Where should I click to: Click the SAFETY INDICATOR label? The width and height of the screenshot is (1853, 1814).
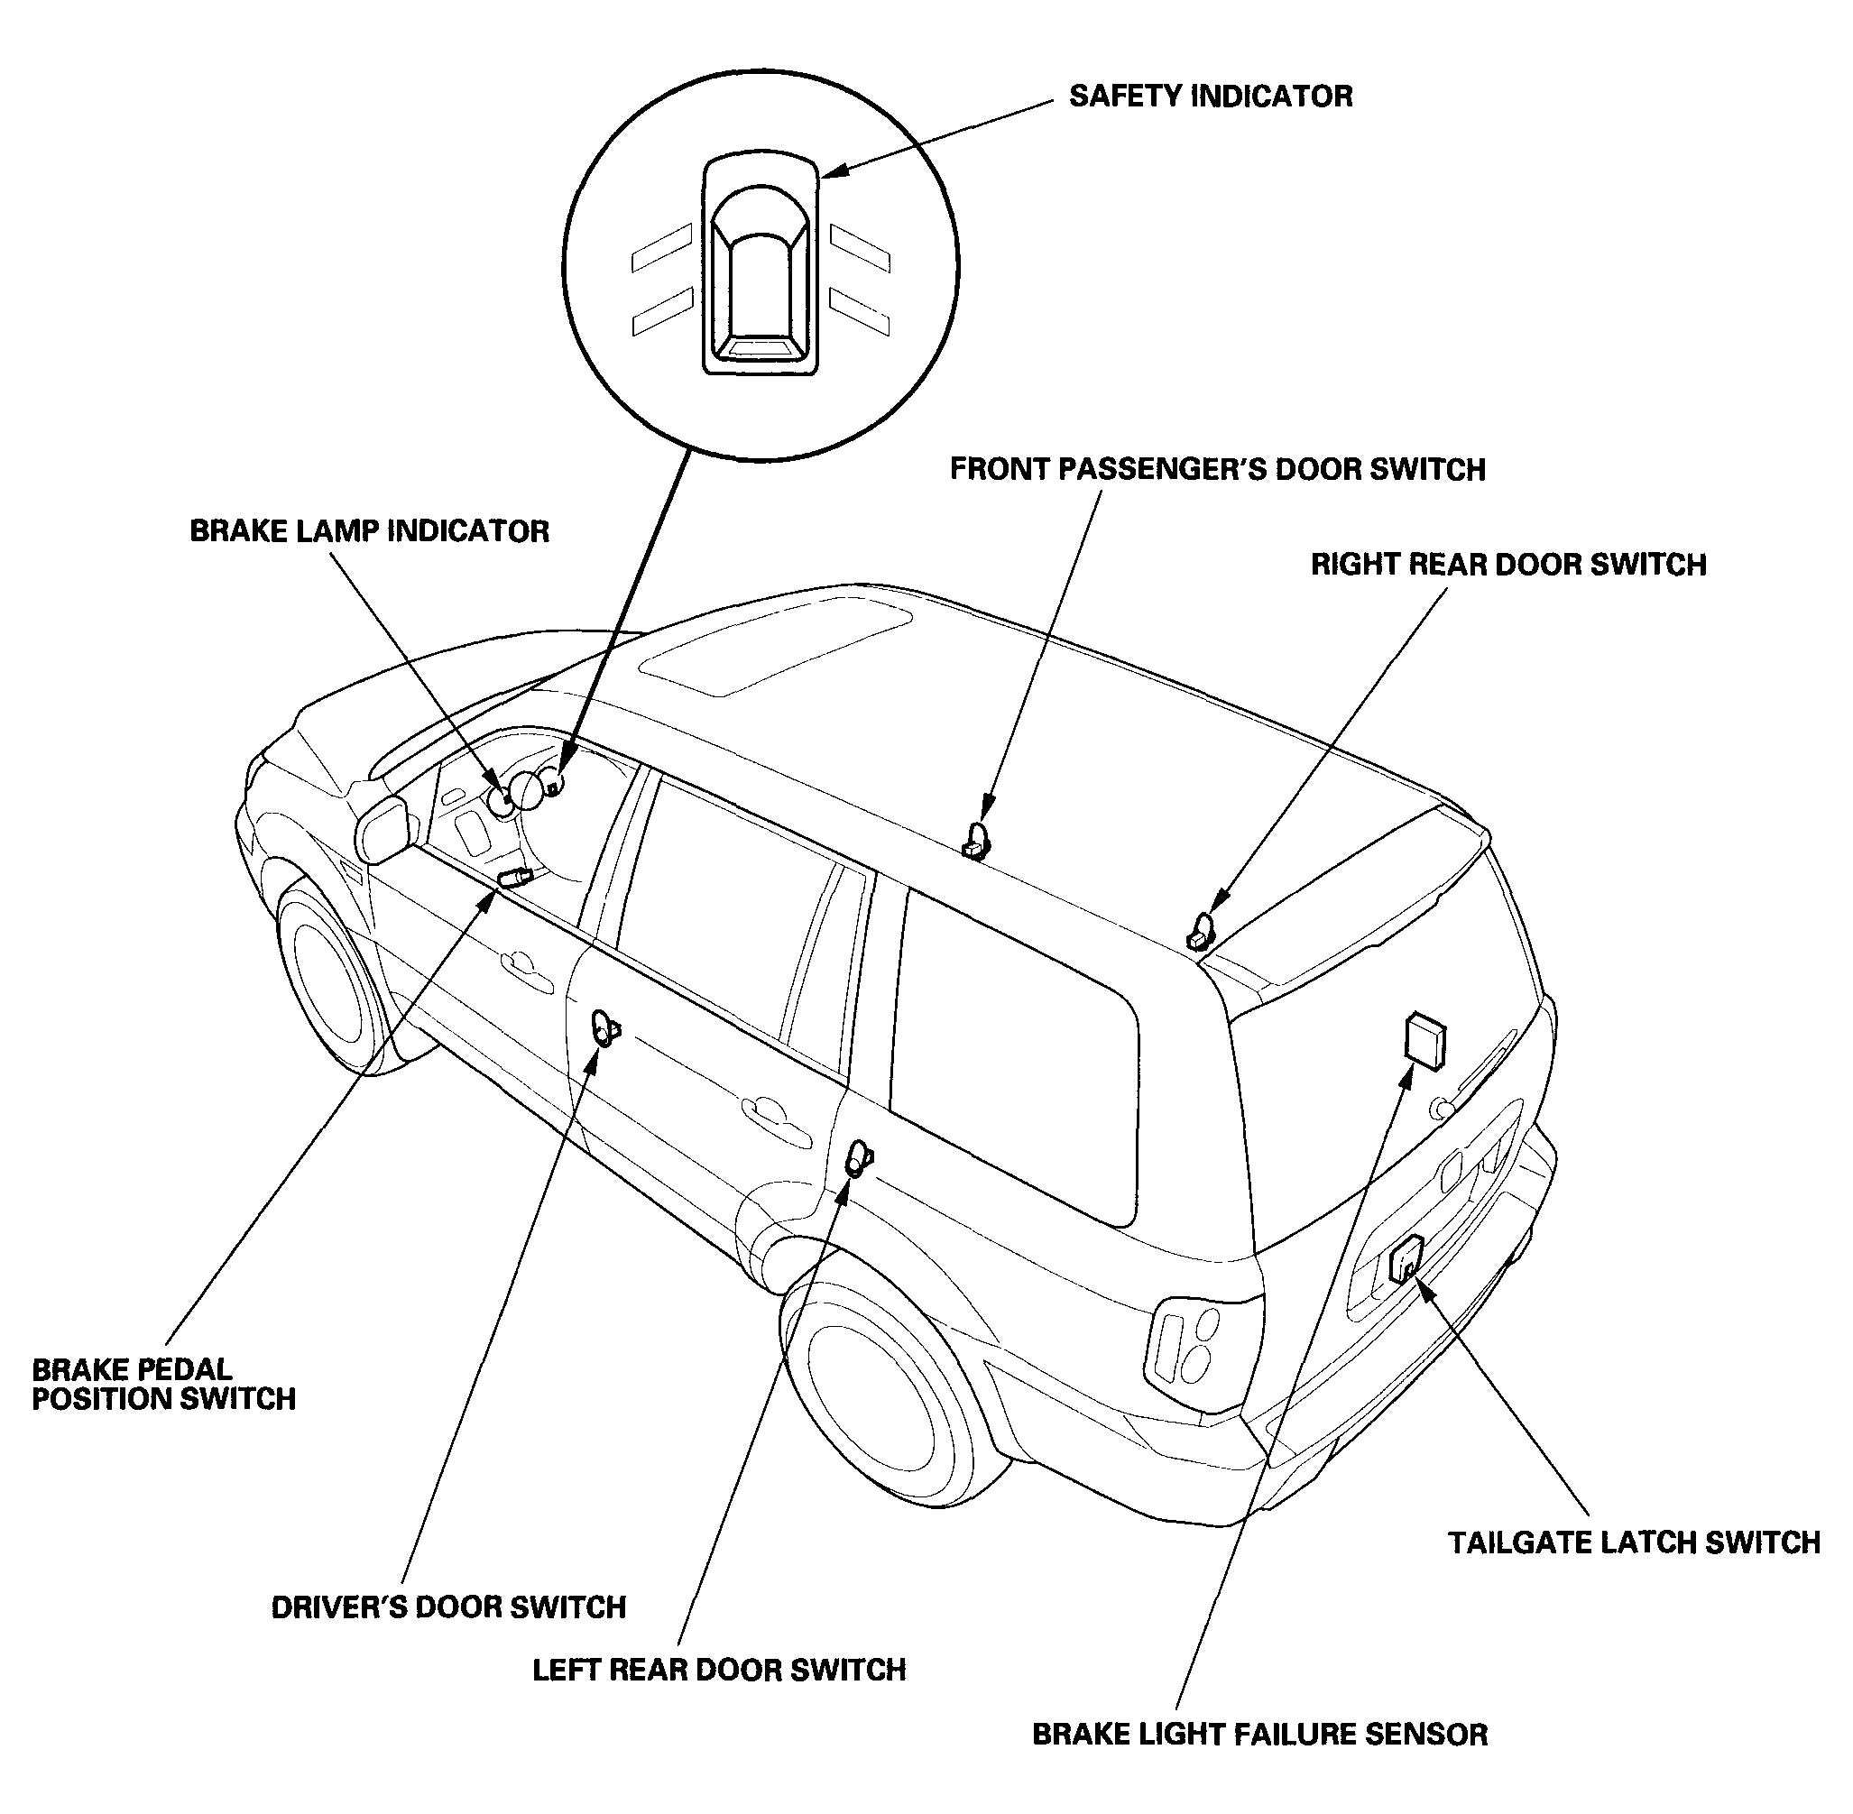[1210, 97]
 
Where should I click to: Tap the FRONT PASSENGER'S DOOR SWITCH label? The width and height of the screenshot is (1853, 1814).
[1218, 470]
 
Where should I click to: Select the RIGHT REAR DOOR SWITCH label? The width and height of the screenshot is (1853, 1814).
[1508, 565]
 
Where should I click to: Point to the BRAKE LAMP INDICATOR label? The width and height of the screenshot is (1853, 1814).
[370, 531]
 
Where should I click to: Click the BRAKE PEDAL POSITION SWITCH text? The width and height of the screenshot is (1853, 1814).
[164, 1385]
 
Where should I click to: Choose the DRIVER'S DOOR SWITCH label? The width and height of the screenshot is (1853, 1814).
[448, 1608]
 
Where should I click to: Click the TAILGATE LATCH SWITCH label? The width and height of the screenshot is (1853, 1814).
[1634, 1543]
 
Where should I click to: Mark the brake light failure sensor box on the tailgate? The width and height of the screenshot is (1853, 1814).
[1425, 1040]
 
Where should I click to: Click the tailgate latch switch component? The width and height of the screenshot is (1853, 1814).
[1406, 1257]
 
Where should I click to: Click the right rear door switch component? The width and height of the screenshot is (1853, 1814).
[1202, 931]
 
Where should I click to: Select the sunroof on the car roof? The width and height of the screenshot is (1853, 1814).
[775, 645]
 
